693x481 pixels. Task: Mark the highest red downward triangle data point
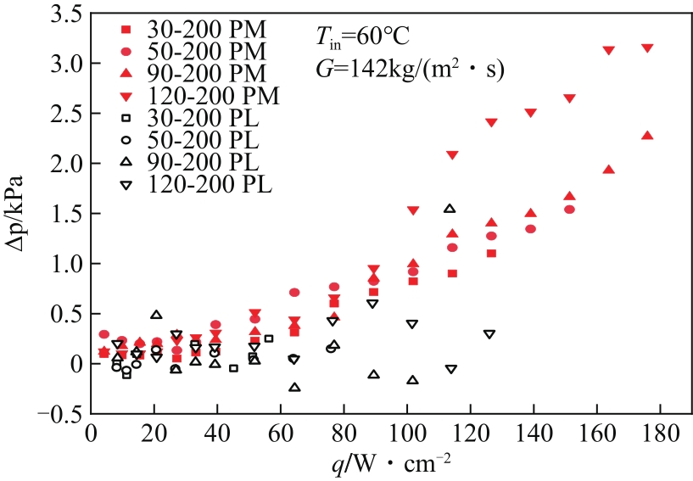click(647, 48)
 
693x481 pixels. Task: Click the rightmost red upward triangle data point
click(647, 136)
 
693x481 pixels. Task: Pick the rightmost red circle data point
click(569, 209)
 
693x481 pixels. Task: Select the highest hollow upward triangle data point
click(450, 209)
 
